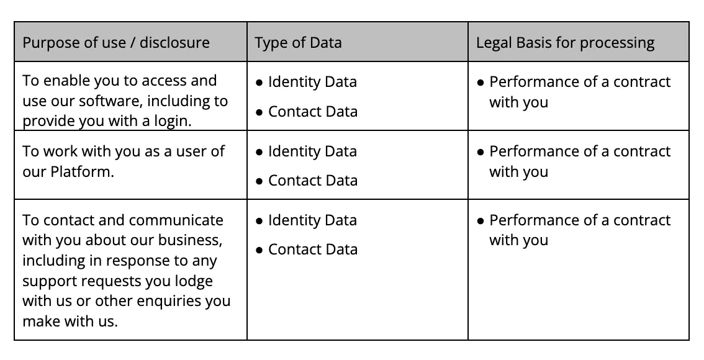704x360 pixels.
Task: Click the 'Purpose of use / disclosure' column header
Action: coord(116,43)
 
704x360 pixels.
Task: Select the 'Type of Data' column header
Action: coord(298,43)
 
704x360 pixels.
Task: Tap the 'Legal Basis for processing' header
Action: coord(565,43)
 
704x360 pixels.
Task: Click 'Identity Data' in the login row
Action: coord(312,82)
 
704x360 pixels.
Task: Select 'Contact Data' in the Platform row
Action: coord(313,181)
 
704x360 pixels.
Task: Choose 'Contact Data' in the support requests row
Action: coord(313,249)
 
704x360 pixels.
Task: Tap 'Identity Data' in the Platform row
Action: coord(312,151)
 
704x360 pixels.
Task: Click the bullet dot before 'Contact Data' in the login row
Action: coord(259,112)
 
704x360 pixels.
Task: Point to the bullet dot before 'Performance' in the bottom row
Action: coord(481,222)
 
